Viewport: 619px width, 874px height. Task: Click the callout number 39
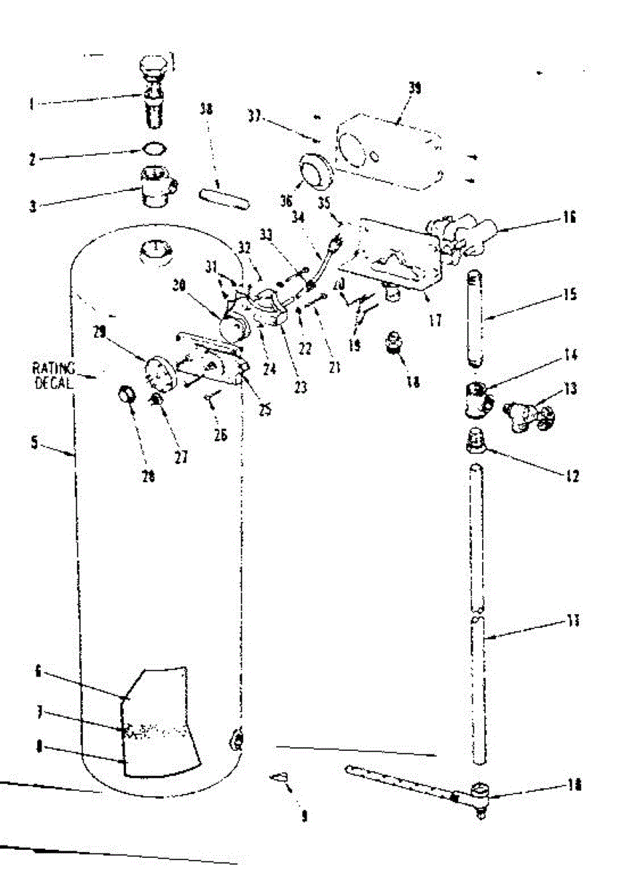(x=414, y=88)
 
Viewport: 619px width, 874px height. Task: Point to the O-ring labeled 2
(x=152, y=149)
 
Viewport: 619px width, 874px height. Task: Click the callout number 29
(x=100, y=332)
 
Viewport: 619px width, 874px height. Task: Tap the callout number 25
(x=265, y=410)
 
